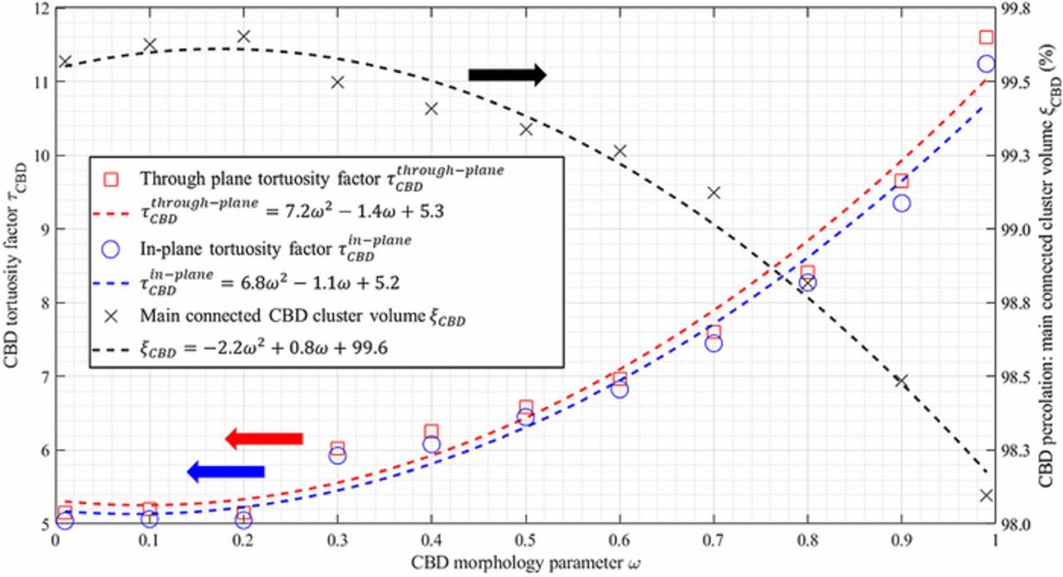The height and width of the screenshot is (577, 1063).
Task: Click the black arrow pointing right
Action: [x=507, y=75]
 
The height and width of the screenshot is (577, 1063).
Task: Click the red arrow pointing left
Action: [x=264, y=438]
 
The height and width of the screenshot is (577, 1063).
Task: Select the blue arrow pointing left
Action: [x=226, y=472]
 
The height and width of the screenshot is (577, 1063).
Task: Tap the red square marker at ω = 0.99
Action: [x=986, y=37]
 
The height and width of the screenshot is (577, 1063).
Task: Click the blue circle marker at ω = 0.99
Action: [x=986, y=64]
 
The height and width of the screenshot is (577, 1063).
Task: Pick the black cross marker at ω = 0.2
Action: [x=243, y=37]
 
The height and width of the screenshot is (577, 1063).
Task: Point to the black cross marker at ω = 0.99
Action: [x=986, y=496]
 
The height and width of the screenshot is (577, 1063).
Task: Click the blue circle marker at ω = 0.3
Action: [x=337, y=455]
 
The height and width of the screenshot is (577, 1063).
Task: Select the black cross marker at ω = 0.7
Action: [x=713, y=193]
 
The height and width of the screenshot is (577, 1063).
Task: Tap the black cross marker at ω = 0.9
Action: [x=901, y=381]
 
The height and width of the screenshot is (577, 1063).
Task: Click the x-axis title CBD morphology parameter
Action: [x=526, y=563]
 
